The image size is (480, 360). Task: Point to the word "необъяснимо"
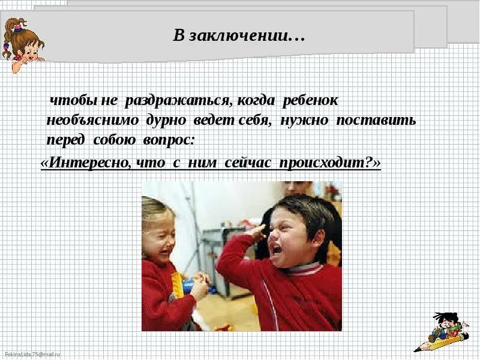[93, 121]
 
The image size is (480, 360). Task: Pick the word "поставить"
[376, 121]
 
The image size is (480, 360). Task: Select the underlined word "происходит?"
[330, 163]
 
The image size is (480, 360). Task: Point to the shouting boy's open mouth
[275, 247]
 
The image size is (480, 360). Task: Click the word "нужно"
[305, 121]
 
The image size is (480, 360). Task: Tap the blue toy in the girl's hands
[188, 284]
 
